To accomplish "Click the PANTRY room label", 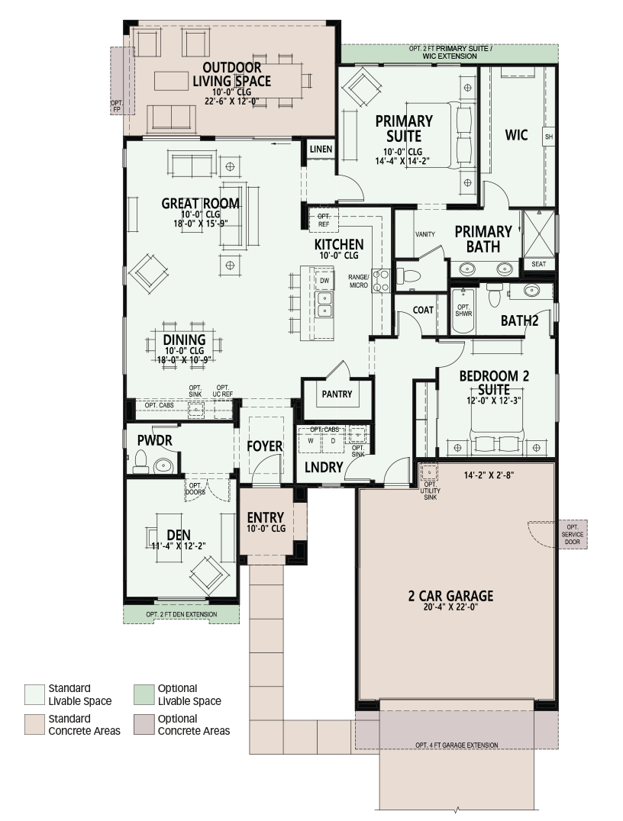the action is coord(337,394).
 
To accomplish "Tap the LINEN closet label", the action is coord(321,150).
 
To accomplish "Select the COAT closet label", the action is coord(423,310).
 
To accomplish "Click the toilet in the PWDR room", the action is coord(140,461).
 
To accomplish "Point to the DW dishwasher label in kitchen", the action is coord(324,281).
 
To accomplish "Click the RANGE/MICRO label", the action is coord(359,282).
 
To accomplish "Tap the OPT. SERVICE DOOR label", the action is coord(572,534).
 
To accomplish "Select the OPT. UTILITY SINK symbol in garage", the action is coord(428,472).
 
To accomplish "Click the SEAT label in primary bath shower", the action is coord(539,264).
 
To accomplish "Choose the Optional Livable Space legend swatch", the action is coord(144,694).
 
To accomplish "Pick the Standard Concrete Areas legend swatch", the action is coord(34,725).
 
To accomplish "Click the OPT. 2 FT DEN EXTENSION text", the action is coord(181,614).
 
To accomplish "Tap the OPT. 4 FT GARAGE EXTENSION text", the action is coord(457,745).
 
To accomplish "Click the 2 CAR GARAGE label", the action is coord(450,596).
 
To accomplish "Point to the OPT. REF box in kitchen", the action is coord(324,220).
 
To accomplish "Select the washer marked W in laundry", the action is coord(311,440).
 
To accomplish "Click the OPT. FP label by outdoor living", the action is coord(116,106).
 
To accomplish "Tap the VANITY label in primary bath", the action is coord(425,234).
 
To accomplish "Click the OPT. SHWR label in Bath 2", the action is coord(463,311).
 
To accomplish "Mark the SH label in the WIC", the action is coord(549,137).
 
